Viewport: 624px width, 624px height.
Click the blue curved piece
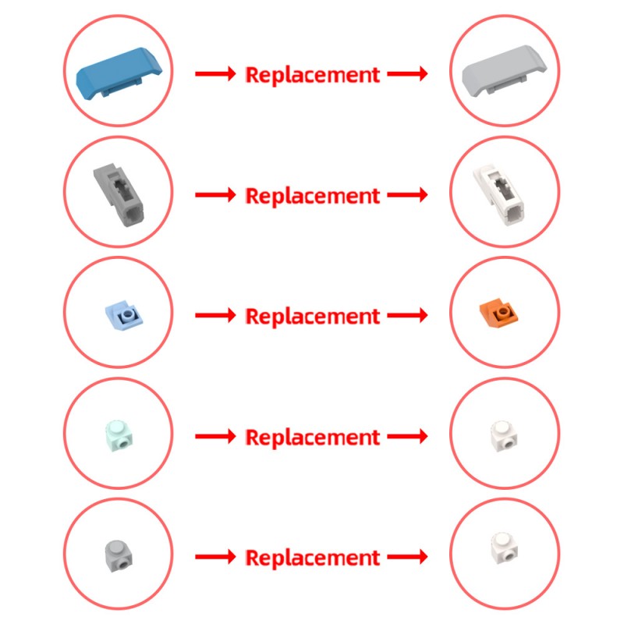pos(119,73)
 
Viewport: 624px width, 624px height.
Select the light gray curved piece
pos(504,72)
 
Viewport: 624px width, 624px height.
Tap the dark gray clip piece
pos(119,195)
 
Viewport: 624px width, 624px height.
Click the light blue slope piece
pos(125,315)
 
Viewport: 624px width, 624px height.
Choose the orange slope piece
pos(499,314)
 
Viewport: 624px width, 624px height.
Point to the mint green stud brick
pos(119,437)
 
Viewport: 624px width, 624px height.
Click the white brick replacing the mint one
pos(503,436)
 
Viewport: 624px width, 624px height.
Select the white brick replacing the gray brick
pos(504,550)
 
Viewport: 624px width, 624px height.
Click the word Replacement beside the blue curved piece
pos(313,75)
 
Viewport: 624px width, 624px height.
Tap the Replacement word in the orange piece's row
pos(313,317)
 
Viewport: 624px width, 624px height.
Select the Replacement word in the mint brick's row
pos(313,438)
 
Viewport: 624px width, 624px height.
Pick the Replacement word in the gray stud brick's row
pos(313,558)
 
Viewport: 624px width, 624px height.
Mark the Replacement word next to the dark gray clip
pos(313,196)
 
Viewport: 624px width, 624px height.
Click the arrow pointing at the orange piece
pos(407,316)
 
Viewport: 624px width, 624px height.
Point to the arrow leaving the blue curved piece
pos(215,73)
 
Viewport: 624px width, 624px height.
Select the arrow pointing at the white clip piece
pos(407,195)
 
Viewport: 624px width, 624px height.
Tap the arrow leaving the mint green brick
pos(215,436)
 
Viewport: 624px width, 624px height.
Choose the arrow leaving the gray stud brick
pos(215,556)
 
